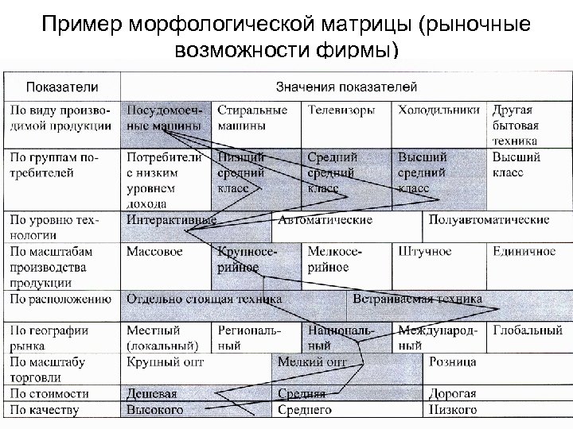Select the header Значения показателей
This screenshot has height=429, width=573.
346,86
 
